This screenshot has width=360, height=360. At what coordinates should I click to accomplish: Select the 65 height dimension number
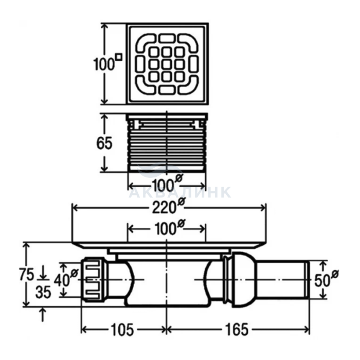tap(104, 143)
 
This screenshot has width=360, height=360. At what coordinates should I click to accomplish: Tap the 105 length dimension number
tap(122, 330)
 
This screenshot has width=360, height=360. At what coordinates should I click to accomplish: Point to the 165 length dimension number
tap(237, 330)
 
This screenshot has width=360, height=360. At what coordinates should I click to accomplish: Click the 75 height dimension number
tap(27, 274)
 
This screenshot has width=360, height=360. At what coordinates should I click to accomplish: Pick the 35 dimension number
tap(43, 292)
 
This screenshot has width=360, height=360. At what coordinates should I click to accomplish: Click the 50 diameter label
tap(327, 279)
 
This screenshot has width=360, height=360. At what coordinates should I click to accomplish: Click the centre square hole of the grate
tap(166, 64)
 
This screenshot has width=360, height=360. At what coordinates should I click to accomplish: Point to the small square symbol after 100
tap(119, 57)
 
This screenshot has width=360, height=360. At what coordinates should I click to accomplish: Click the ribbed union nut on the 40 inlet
tap(93, 280)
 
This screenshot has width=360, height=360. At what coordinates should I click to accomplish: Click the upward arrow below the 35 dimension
tap(43, 315)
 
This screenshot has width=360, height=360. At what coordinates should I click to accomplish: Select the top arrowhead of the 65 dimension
tap(104, 118)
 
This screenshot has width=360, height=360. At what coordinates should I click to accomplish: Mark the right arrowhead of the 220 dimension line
tap(262, 208)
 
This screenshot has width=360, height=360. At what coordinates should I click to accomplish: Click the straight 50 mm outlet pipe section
tap(283, 279)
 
